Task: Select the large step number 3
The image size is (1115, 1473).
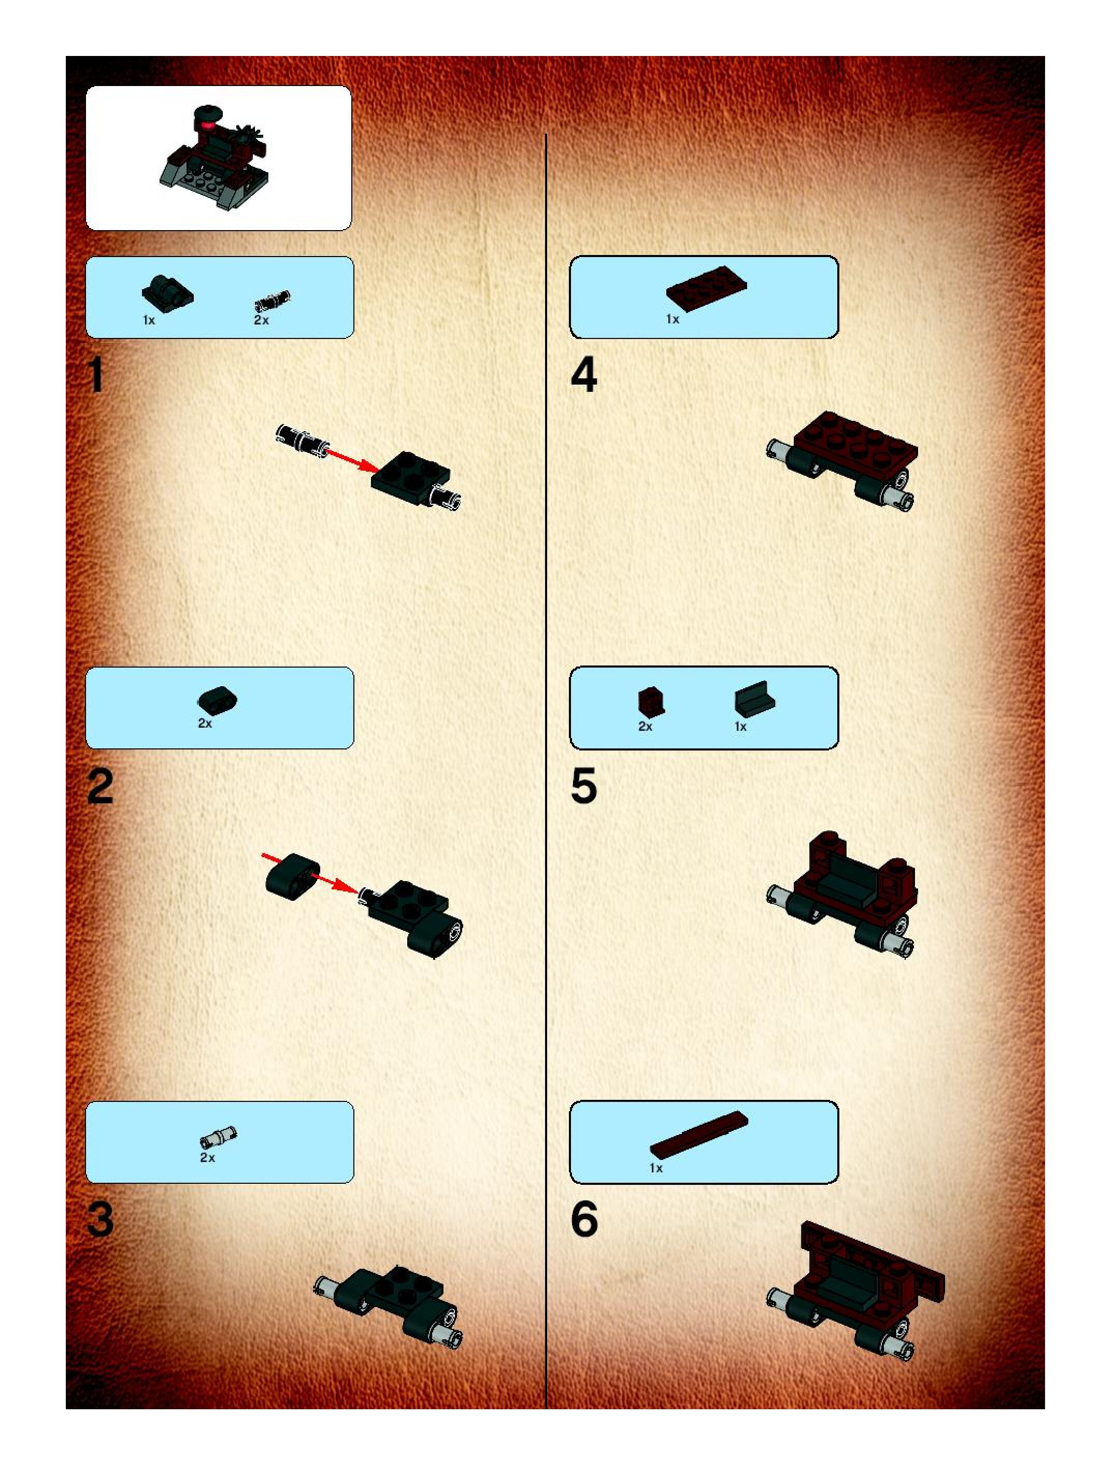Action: click(x=100, y=1220)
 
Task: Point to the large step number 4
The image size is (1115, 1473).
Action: click(x=584, y=375)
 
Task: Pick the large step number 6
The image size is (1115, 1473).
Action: click(x=584, y=1220)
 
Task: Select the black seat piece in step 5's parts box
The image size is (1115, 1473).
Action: click(x=755, y=701)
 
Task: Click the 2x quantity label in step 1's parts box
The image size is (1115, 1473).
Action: click(x=262, y=320)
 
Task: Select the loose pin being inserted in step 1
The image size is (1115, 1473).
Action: click(x=301, y=439)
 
